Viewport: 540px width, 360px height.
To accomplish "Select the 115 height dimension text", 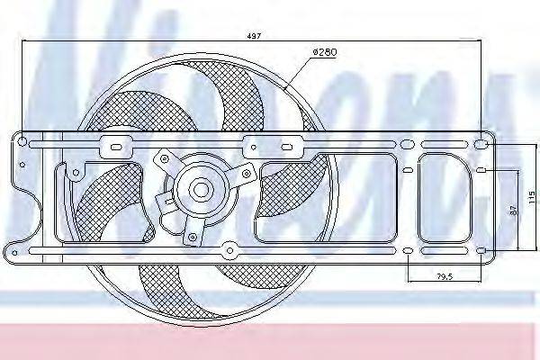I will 531,195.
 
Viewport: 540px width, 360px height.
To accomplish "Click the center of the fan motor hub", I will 200,190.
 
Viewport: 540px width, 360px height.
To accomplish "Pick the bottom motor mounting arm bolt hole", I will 193,237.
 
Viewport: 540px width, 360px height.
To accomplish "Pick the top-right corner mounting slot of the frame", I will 482,144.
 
